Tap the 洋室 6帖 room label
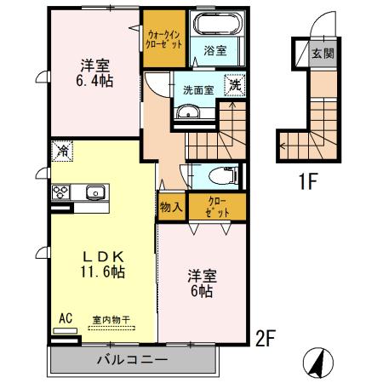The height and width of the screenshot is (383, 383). point(201,283)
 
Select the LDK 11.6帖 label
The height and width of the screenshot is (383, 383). point(104,264)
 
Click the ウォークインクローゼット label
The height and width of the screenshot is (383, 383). point(163,37)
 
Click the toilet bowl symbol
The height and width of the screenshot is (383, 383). point(223,177)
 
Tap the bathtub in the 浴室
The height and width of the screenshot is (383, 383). point(216,26)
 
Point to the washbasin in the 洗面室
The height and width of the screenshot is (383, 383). point(187,114)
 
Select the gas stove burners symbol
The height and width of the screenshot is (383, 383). point(61,192)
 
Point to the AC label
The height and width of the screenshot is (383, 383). point(65,320)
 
